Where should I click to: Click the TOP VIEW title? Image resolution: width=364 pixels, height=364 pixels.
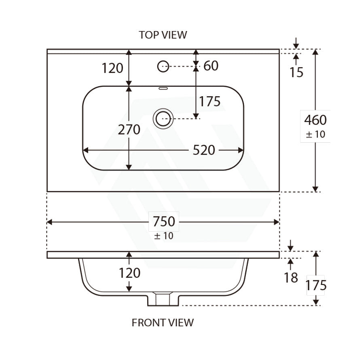[163, 35]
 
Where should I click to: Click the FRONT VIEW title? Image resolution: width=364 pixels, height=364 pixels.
[163, 322]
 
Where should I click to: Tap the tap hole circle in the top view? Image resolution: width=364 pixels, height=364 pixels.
[163, 66]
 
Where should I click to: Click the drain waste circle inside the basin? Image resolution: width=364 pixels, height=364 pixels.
[163, 119]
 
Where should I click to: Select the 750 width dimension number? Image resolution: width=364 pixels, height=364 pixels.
[164, 222]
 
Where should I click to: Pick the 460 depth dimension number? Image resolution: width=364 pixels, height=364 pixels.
[315, 120]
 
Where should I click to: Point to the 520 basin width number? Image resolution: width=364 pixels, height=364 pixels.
[204, 150]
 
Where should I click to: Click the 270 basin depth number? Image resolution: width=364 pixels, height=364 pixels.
[129, 130]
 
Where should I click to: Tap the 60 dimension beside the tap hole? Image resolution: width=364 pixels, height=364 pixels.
[211, 66]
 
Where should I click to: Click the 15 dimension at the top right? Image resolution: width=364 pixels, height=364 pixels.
[296, 72]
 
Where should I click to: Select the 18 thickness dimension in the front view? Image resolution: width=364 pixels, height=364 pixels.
[291, 278]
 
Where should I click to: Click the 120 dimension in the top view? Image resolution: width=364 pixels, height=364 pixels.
[112, 68]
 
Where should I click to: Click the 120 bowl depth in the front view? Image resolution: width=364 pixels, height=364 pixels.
[129, 273]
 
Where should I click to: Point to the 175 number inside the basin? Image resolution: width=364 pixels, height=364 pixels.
[210, 102]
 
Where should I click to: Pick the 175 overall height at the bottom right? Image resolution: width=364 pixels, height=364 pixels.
[316, 285]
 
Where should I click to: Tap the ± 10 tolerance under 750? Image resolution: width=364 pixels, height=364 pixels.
[163, 236]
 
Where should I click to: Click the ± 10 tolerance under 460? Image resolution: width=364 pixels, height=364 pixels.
[315, 134]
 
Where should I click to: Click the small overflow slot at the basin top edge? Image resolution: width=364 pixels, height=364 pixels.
[163, 88]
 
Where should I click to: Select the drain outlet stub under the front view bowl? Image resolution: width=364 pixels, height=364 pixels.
[163, 299]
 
